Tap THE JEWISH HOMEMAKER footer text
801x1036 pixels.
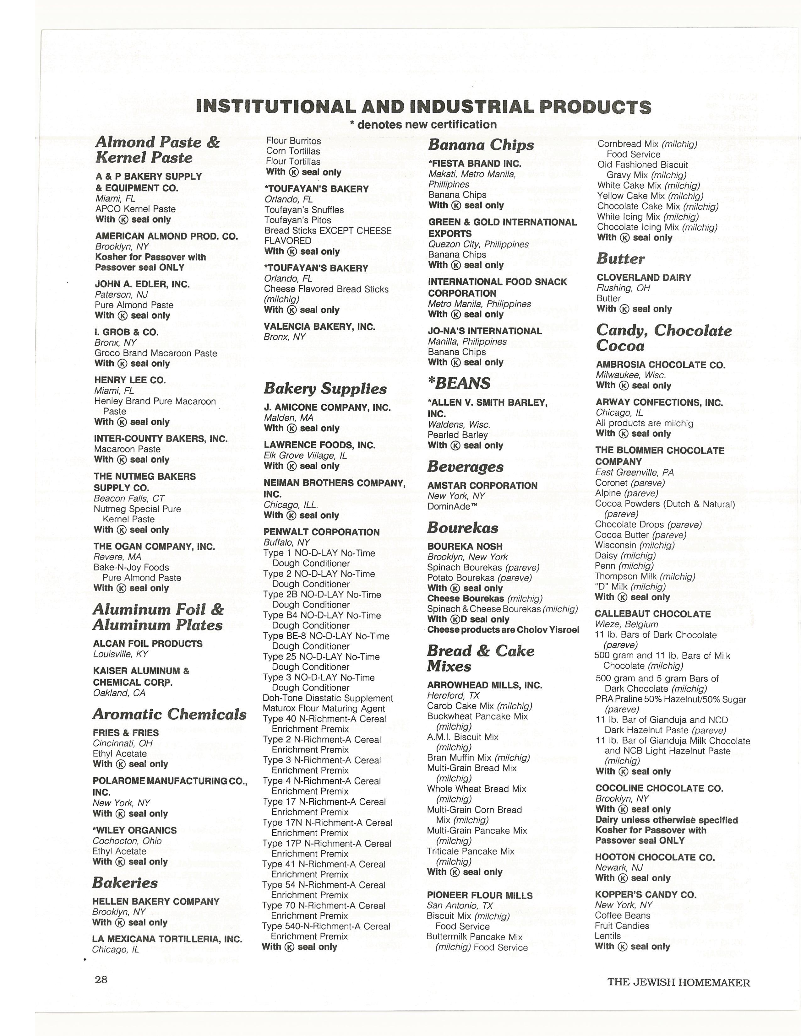point(678,982)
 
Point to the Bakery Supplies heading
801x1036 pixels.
point(325,389)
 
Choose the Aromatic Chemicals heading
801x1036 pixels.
point(169,715)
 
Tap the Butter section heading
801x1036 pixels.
point(620,259)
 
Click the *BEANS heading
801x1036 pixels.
point(459,383)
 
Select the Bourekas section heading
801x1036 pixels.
point(463,528)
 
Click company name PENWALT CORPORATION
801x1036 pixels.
point(321,532)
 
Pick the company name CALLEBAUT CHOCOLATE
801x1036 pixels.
point(652,614)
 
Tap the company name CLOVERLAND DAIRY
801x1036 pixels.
point(643,278)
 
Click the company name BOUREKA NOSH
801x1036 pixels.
point(465,547)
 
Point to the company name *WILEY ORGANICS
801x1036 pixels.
point(134,831)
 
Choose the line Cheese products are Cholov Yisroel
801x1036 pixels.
point(503,630)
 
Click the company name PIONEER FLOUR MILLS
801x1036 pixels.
point(480,896)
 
